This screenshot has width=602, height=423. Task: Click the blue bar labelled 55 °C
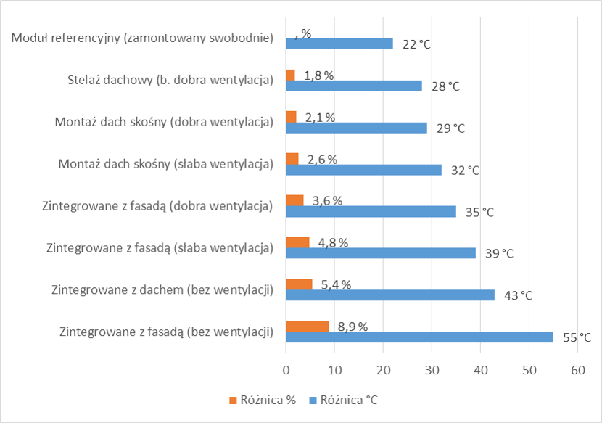(x=419, y=337)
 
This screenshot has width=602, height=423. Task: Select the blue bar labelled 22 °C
(x=339, y=44)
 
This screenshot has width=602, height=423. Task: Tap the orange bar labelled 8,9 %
(x=308, y=327)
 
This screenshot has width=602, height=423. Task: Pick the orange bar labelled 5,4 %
(x=299, y=284)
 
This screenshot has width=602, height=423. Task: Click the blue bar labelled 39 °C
(x=381, y=253)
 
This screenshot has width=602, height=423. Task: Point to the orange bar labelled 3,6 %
(x=294, y=200)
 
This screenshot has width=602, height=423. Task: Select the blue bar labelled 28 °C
(x=354, y=86)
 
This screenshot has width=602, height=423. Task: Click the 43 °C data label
(x=518, y=296)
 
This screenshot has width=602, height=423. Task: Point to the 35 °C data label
(x=479, y=213)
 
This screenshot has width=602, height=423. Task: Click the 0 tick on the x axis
(x=286, y=370)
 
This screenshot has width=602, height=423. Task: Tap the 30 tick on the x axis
(x=432, y=370)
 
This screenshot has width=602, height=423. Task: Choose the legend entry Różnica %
(x=262, y=401)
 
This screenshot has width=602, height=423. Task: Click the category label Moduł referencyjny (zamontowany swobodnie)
(x=143, y=38)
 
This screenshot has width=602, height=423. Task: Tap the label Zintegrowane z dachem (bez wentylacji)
(x=162, y=290)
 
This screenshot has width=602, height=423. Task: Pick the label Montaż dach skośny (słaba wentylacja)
(x=165, y=164)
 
